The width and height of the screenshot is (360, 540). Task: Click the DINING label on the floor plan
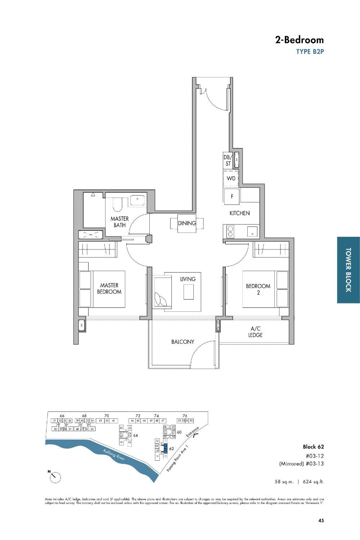[x=187, y=223]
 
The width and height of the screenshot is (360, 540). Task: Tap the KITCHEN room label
[x=239, y=213]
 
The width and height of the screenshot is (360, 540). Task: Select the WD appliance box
[x=231, y=179]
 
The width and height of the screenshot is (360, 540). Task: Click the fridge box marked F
[x=232, y=197]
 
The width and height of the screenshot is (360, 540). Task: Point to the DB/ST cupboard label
[x=228, y=161]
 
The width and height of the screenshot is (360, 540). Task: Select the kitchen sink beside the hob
[x=253, y=231]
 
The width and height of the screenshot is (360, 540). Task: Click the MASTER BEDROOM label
[x=109, y=288]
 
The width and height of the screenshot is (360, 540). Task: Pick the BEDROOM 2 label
[x=258, y=289]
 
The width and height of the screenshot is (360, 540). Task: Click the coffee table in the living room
[x=189, y=292]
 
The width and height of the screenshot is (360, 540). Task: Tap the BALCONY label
[x=183, y=342]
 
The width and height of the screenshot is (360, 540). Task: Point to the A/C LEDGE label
[x=255, y=332]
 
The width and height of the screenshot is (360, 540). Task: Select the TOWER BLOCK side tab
[x=348, y=270]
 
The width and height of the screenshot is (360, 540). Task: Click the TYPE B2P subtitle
[x=310, y=51]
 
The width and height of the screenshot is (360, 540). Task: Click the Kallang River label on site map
[x=114, y=455]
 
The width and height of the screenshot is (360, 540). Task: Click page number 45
[x=321, y=520]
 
